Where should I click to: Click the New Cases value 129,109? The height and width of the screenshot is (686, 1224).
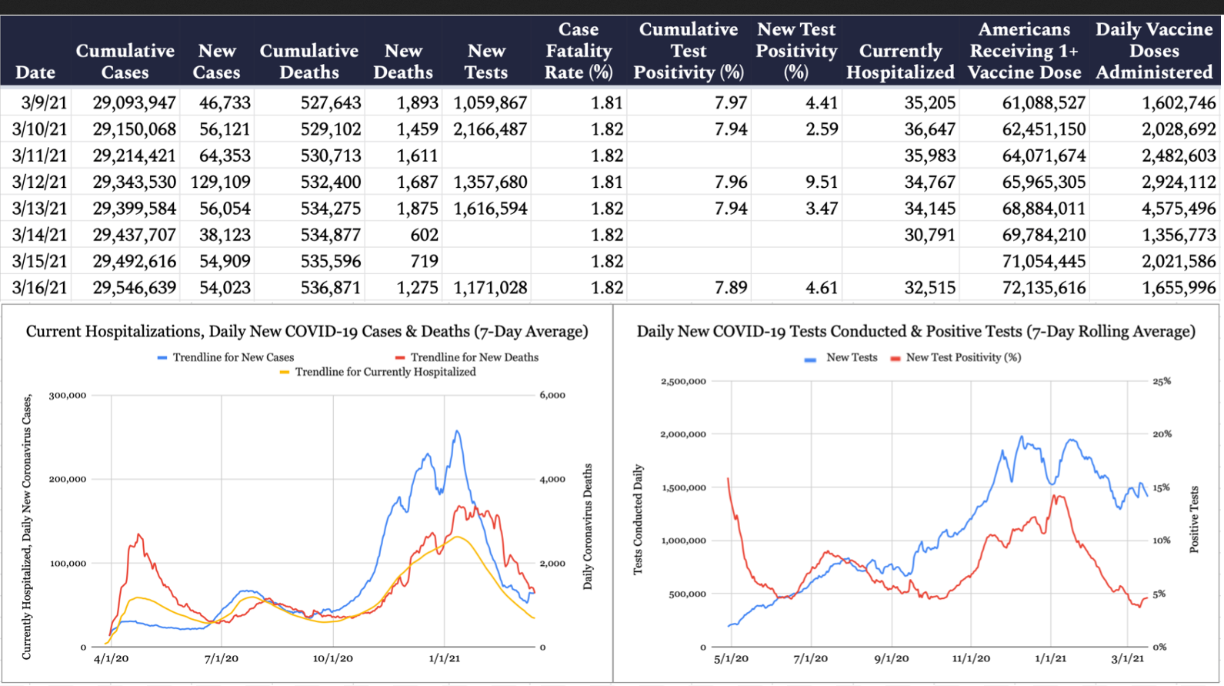tap(221, 182)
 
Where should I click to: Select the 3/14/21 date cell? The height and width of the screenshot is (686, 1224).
tap(40, 235)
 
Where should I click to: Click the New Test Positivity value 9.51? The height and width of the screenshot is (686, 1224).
tap(822, 182)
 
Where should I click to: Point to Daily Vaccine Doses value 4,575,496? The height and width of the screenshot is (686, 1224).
tap(1179, 209)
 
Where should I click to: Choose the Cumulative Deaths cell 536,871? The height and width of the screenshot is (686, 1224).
tap(331, 288)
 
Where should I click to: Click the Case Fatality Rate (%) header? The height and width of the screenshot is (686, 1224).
tap(579, 51)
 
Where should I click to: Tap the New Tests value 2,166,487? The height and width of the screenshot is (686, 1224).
tap(490, 129)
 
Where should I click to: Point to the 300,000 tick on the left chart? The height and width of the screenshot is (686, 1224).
tap(68, 395)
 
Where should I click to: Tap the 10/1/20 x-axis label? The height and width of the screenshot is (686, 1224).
tap(332, 658)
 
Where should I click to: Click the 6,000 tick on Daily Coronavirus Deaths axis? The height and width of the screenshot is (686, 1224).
tap(552, 395)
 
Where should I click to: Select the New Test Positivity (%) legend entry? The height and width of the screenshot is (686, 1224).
tap(962, 357)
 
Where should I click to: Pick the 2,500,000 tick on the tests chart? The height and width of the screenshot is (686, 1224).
tap(683, 381)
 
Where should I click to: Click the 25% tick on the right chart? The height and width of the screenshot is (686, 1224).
tap(1162, 381)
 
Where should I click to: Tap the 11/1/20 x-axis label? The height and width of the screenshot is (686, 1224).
tap(971, 658)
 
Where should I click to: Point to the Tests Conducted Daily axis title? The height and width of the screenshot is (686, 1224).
tap(638, 520)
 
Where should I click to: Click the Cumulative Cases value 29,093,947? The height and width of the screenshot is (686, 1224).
tap(134, 103)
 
